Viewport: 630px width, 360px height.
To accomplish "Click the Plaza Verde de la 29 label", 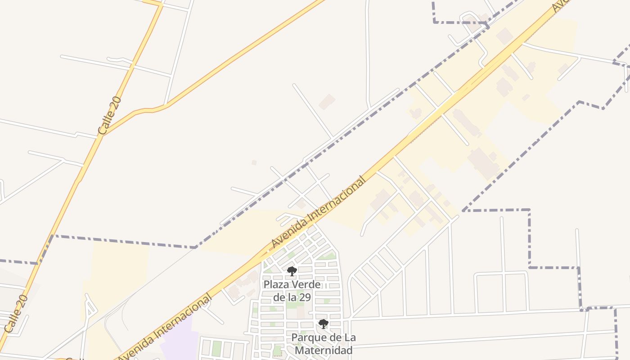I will pyautogui.click(x=292, y=291).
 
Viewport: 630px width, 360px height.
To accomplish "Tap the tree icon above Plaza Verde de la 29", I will pyautogui.click(x=292, y=271).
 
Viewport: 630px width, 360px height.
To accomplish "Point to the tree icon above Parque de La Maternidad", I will pyautogui.click(x=323, y=324).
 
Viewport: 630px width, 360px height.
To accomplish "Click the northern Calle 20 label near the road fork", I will pyautogui.click(x=110, y=116).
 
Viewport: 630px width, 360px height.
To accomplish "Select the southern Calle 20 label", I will pyautogui.click(x=17, y=314).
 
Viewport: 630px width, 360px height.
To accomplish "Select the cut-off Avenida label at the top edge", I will pyautogui.click(x=560, y=5).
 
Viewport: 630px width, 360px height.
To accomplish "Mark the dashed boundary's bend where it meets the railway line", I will pyautogui.click(x=195, y=247).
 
